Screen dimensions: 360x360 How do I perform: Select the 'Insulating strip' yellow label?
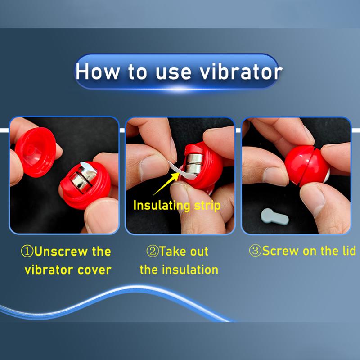pos(176,206)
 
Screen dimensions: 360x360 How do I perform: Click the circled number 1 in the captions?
pos(27,251)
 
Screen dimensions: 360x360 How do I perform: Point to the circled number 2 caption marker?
pos(153,251)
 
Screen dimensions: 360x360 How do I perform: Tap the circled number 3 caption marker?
pos(256,251)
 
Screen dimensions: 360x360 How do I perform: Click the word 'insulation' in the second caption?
pos(190,270)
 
